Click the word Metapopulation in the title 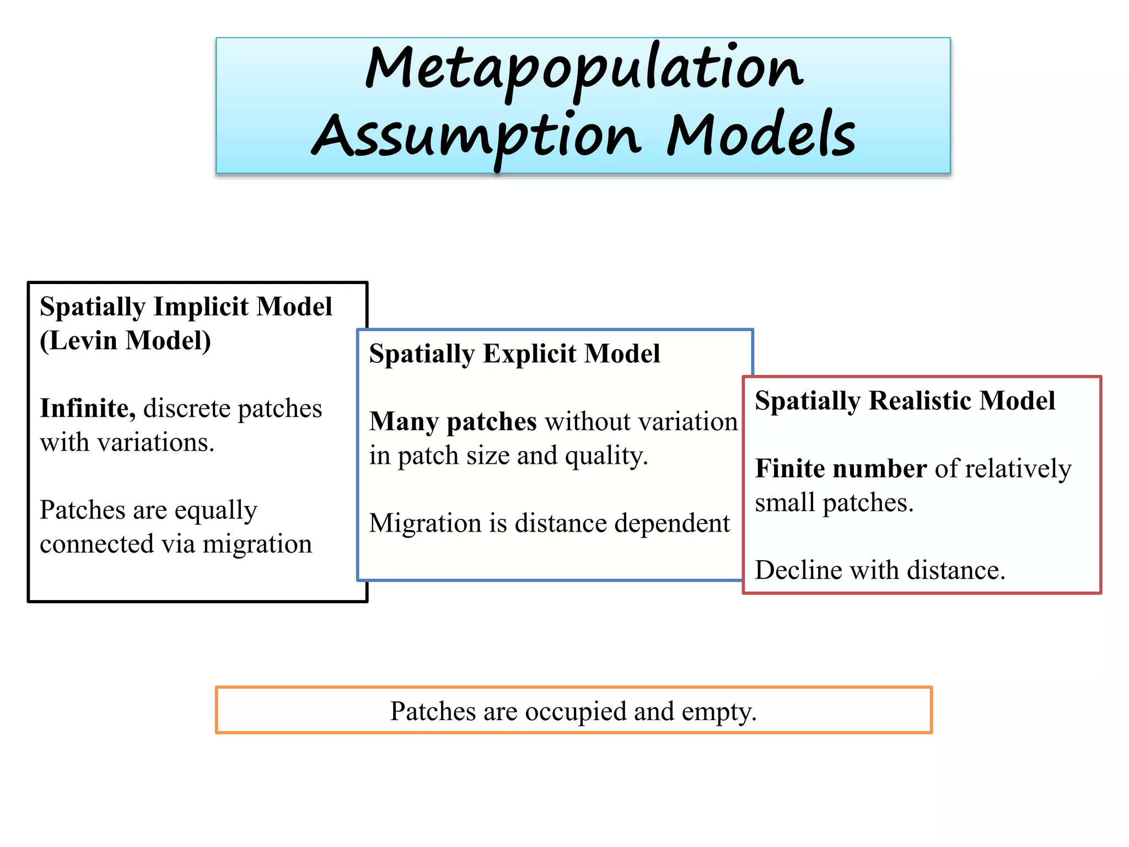(x=584, y=69)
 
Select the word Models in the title (x=761, y=135)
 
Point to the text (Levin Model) (x=125, y=340)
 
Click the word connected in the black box (x=96, y=544)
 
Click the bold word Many (x=405, y=422)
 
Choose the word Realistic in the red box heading (x=914, y=401)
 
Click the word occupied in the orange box (x=576, y=711)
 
